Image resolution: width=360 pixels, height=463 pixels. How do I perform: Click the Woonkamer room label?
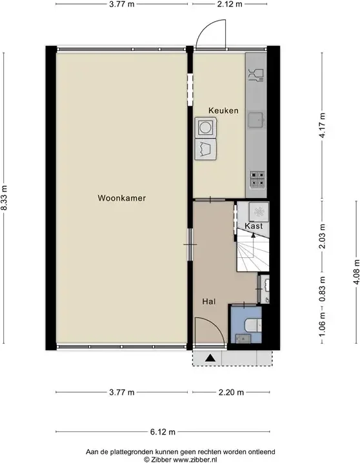click(x=122, y=198)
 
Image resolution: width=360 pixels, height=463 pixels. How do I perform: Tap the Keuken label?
click(x=223, y=110)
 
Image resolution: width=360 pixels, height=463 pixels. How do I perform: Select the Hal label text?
click(x=209, y=302)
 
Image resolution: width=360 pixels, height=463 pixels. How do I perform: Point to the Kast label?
click(x=254, y=226)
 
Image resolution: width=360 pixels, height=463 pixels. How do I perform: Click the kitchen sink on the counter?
click(x=255, y=120)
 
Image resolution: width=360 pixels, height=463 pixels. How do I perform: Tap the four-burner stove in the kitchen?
click(x=257, y=179)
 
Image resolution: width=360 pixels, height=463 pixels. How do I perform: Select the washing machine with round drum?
click(x=206, y=128)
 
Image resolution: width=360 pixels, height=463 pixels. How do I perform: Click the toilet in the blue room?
click(x=253, y=325)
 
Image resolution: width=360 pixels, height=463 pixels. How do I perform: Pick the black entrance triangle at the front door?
click(x=210, y=358)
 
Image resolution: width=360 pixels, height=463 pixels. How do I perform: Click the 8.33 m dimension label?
click(x=4, y=197)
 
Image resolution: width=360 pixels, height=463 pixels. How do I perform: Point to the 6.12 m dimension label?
click(x=163, y=432)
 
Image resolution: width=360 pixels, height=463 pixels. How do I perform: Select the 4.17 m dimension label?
click(x=322, y=125)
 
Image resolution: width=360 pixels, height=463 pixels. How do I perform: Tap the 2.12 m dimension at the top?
click(x=230, y=4)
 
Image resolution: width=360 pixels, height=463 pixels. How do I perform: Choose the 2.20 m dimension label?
click(x=231, y=392)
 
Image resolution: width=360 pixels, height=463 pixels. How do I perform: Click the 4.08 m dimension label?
click(x=357, y=271)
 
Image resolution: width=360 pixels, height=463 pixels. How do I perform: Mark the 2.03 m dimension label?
click(x=322, y=236)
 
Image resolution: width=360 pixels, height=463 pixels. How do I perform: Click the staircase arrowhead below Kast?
click(x=253, y=235)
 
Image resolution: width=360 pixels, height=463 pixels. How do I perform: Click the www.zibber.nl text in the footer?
click(x=195, y=460)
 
